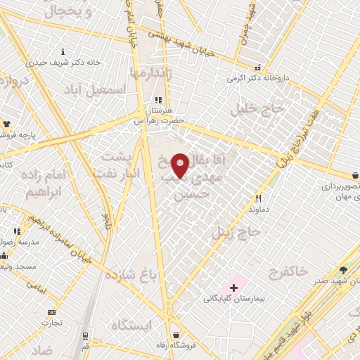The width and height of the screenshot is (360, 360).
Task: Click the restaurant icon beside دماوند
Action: (x=259, y=199)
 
